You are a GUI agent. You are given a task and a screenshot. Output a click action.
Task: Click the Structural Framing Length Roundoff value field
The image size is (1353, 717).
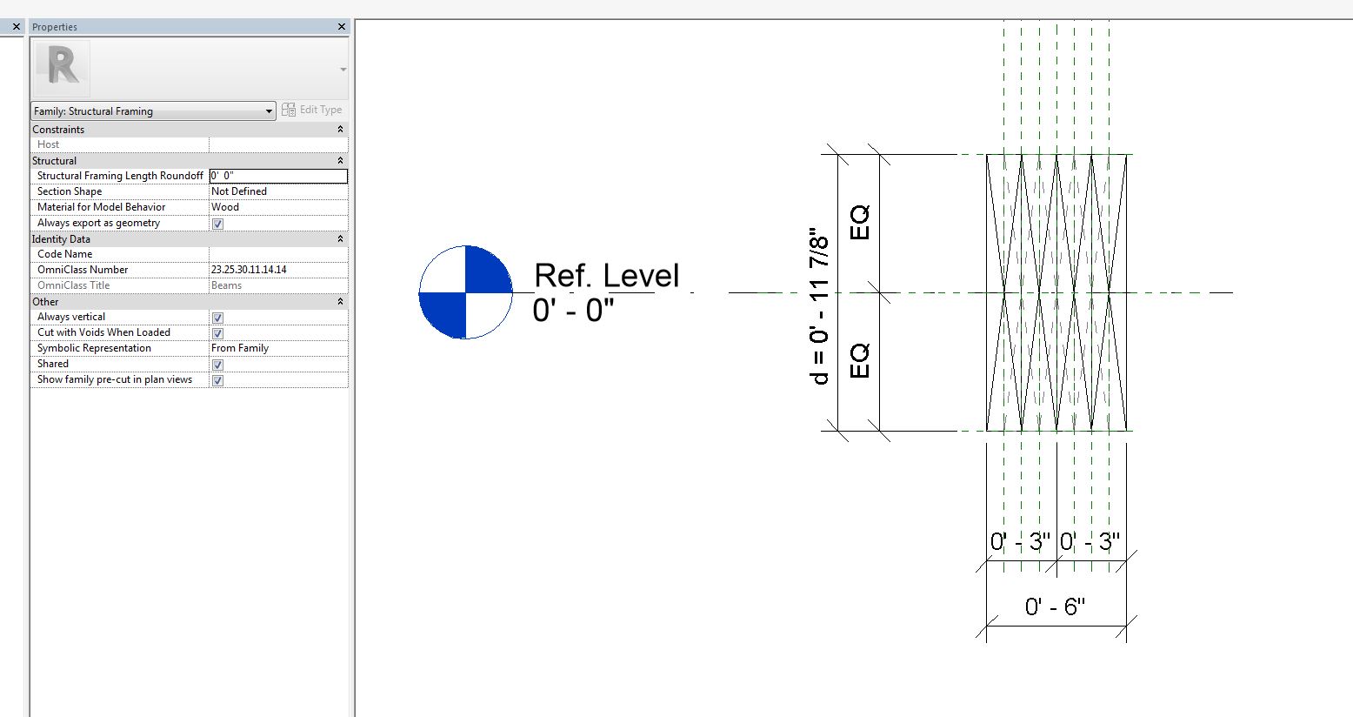(x=277, y=176)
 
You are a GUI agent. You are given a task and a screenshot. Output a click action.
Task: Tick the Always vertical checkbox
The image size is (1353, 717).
(x=218, y=318)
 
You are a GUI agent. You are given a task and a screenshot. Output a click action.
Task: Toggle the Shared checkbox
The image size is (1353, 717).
(x=218, y=365)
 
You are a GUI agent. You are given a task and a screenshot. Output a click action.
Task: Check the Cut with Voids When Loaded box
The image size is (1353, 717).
(x=218, y=333)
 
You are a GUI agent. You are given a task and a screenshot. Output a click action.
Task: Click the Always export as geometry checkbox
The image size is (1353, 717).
(x=218, y=224)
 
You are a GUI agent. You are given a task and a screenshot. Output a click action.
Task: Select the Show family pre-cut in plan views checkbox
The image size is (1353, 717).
(x=218, y=380)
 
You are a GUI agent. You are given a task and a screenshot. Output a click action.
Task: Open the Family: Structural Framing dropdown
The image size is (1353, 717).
(x=153, y=111)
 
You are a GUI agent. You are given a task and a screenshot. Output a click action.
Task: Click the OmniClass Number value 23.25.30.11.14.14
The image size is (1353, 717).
(x=249, y=270)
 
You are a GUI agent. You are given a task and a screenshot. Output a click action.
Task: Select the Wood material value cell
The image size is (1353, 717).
(x=225, y=207)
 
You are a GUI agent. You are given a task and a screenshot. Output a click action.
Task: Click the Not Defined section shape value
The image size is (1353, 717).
(x=239, y=191)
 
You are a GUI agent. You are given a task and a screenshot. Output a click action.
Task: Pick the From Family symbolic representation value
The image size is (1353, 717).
(x=240, y=348)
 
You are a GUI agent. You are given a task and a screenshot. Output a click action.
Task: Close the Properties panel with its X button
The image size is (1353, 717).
(x=341, y=27)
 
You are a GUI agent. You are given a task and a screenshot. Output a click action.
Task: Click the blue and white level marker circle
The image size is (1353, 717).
(x=465, y=292)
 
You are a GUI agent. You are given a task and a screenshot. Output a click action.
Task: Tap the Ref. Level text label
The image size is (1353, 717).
(x=606, y=276)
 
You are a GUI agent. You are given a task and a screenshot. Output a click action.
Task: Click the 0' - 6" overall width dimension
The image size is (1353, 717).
(x=1055, y=606)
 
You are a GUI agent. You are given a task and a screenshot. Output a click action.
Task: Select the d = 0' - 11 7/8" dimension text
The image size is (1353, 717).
(x=818, y=306)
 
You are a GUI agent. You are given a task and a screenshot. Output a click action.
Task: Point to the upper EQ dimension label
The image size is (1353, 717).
(x=859, y=223)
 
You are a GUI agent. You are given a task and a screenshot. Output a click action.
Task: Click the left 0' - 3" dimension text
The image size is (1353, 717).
(x=1020, y=542)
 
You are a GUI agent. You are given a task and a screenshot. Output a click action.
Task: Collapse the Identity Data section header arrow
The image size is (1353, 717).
(x=340, y=239)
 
